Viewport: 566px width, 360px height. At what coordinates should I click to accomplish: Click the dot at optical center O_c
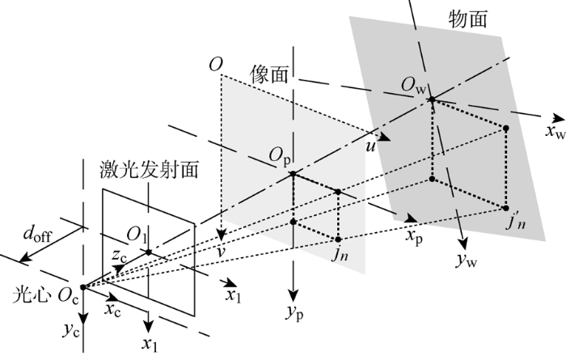(82, 286)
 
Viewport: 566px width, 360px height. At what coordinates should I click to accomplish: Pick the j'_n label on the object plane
(517, 222)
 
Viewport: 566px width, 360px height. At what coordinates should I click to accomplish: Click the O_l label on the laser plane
(137, 236)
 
